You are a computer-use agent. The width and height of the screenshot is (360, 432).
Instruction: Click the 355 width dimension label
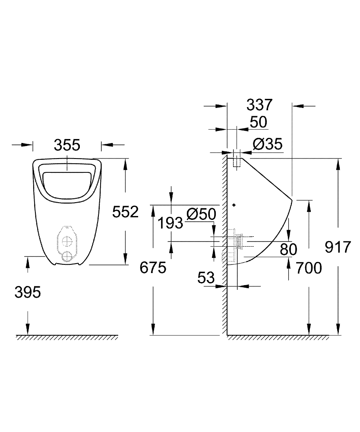coord(67,145)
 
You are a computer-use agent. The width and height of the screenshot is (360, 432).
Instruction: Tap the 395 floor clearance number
coord(28,292)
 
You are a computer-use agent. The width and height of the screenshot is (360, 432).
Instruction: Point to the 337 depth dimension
coord(259,105)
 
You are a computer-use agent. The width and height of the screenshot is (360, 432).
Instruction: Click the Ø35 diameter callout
coord(267,144)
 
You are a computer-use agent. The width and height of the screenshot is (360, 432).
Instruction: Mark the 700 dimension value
coord(309,268)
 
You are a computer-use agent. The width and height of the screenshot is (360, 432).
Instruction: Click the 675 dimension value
coord(153,268)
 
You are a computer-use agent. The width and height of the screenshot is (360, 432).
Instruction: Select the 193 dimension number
coord(170,223)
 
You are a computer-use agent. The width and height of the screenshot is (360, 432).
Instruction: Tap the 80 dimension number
coord(288,249)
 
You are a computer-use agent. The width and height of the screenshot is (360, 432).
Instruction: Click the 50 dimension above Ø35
coord(259,122)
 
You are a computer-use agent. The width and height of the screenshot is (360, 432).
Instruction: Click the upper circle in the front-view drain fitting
coord(67,240)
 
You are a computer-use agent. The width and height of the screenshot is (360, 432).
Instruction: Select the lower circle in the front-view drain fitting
coord(67,256)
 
